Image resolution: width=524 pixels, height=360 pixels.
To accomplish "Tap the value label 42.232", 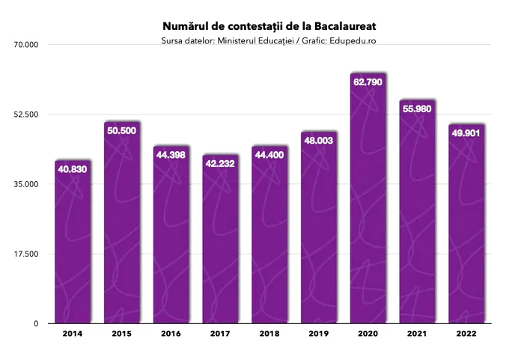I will tap(220, 164).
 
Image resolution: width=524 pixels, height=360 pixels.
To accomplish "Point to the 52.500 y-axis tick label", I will tap(25, 115).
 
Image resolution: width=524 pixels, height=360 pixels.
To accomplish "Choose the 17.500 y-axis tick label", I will tap(25, 254).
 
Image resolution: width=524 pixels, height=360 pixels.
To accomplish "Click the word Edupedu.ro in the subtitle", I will tap(352, 40).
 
